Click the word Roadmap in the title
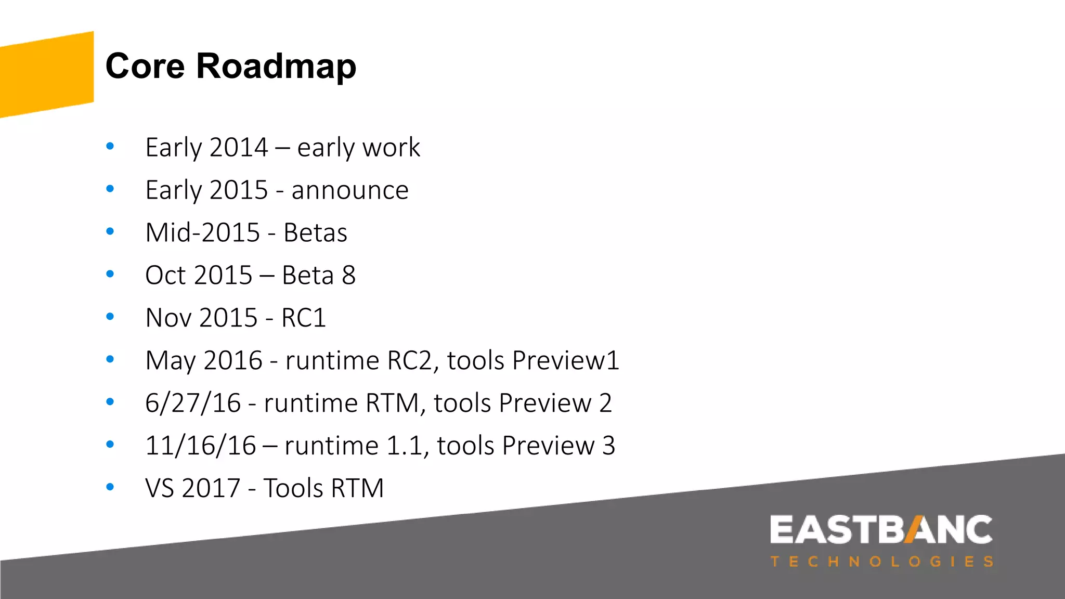point(276,67)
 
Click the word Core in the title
point(145,67)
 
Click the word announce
point(350,190)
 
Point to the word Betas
point(315,233)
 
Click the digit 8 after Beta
point(349,276)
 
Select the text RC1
point(304,318)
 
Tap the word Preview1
point(566,361)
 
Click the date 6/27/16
point(193,403)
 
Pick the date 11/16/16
point(201,446)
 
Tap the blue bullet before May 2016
point(110,359)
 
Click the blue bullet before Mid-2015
point(110,231)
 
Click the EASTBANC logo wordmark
point(881,530)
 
